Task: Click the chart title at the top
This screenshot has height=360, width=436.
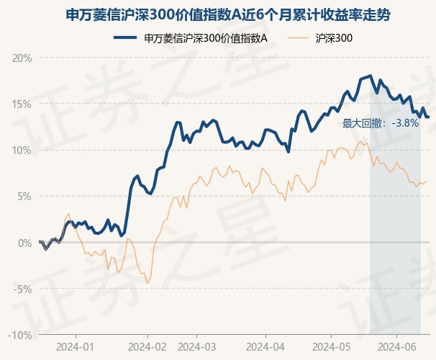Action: [218, 14]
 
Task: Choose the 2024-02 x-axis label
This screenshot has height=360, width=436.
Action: [147, 346]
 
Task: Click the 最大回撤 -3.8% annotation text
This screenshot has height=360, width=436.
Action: [381, 123]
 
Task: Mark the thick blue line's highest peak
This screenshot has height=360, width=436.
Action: [370, 76]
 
